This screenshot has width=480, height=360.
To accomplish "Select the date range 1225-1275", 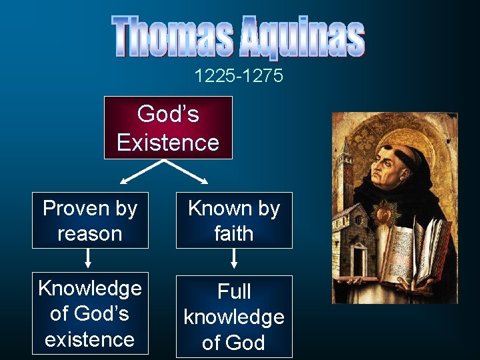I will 239,76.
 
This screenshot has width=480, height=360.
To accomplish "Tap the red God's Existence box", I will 168,128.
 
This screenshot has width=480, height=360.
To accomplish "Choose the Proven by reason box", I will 90,221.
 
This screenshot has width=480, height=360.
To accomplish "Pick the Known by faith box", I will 234,221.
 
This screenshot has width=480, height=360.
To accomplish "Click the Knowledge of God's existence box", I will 90,314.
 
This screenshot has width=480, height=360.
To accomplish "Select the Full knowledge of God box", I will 234,317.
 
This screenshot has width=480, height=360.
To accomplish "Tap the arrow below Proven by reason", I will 89,261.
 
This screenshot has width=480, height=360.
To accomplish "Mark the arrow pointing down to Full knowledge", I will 234,261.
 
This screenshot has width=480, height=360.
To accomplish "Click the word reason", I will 90,233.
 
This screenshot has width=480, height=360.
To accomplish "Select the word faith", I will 234,233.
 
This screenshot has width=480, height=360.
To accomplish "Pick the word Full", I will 234,291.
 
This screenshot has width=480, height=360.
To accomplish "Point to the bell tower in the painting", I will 346,173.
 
